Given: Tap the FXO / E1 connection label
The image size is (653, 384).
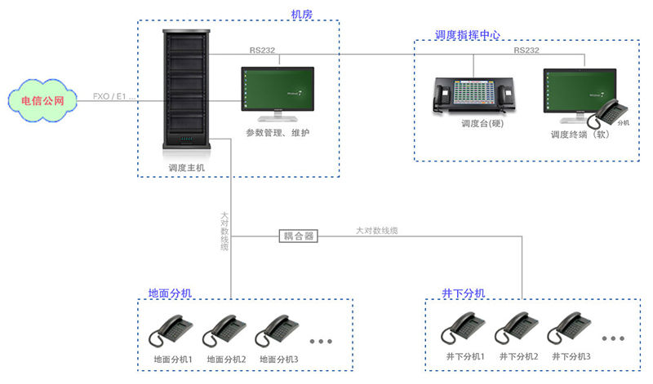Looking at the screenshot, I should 114,97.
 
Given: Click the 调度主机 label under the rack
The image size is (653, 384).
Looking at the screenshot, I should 186,168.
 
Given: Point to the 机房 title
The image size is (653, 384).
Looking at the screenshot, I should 301,14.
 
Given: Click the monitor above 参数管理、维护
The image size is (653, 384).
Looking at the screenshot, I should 277,94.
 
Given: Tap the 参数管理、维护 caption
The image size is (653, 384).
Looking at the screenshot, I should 277,132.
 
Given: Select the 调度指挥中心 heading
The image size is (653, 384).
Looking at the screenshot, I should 467,35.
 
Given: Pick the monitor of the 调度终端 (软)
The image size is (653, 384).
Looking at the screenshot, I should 579,94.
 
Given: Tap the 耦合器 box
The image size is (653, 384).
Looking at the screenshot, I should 299,236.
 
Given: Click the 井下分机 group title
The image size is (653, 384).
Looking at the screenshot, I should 463,293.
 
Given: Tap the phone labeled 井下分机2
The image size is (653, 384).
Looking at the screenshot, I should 515,329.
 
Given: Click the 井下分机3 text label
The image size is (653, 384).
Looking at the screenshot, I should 571,357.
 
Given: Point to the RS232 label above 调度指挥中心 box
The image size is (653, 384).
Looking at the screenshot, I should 526,50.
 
